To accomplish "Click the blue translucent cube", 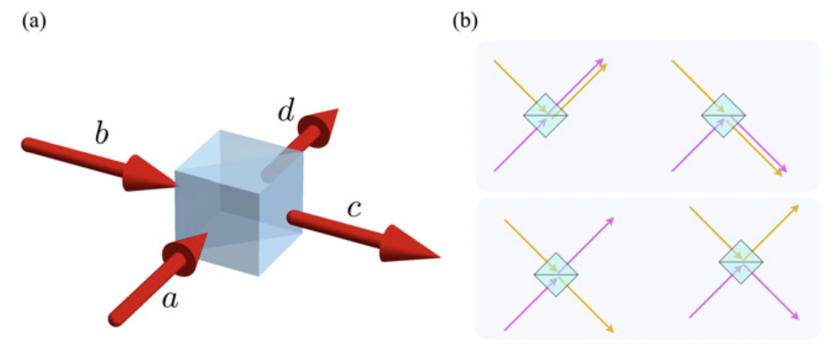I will point(238,204).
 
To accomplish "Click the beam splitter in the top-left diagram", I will point(545,115).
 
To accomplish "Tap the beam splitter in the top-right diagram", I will point(723,115).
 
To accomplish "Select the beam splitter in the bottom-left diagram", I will point(556,274).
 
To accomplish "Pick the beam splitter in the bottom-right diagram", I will point(740,261).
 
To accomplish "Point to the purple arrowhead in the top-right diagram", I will point(783,169).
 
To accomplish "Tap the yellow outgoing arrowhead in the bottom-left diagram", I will point(610,328).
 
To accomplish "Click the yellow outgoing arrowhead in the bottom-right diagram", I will point(796,208).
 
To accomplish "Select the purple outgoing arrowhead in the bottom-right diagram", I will point(796,316).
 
